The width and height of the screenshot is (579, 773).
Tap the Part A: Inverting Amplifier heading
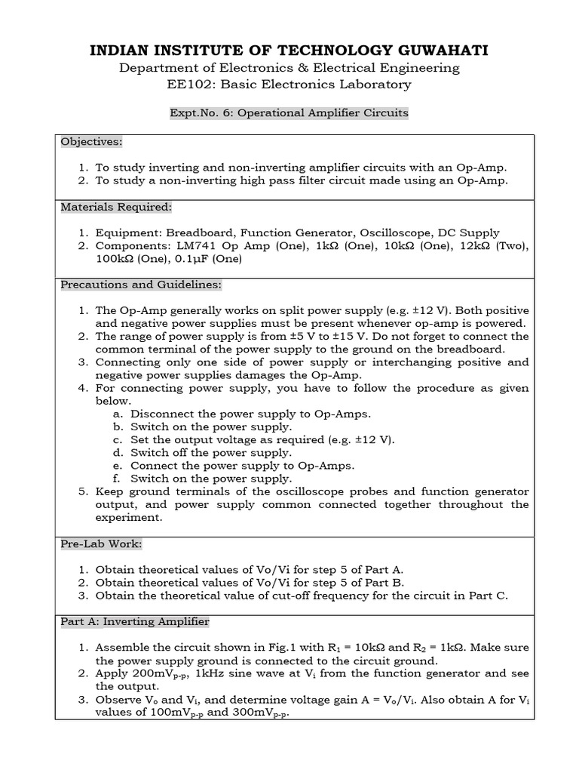tap(135, 621)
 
